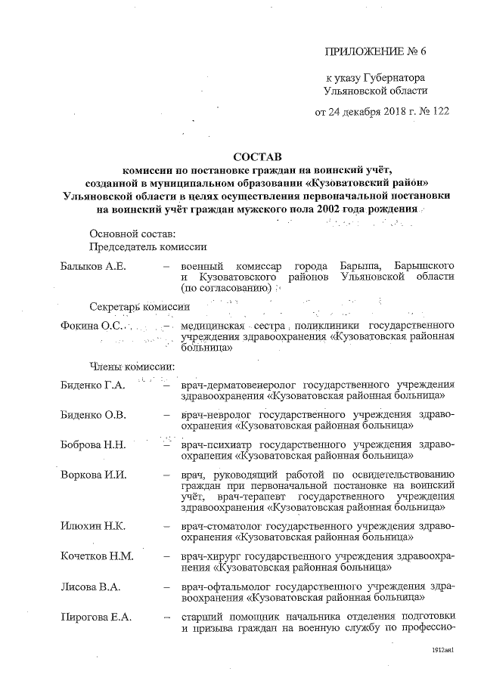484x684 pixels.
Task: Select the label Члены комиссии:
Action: point(132,366)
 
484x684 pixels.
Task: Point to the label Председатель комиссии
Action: point(147,247)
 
